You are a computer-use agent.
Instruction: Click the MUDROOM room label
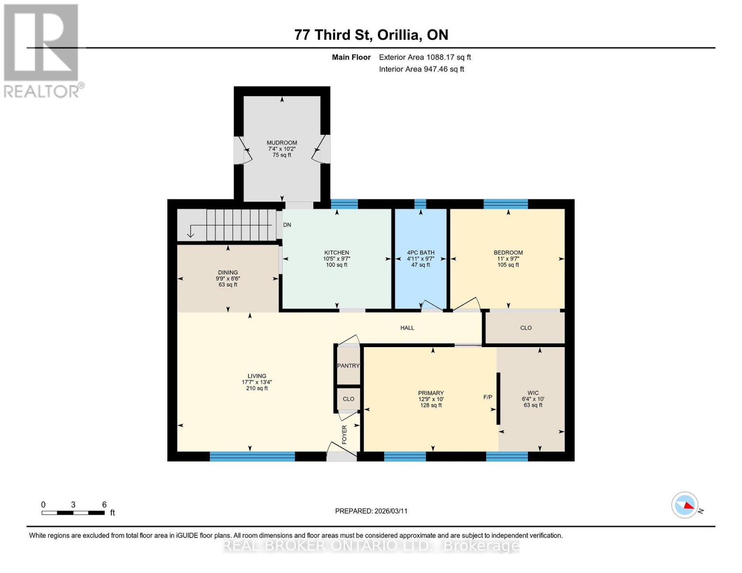[282, 143]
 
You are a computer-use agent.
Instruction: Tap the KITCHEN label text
[337, 253]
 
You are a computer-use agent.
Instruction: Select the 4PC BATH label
[420, 253]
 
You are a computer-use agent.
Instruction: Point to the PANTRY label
[348, 365]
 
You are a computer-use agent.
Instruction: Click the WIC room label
[533, 393]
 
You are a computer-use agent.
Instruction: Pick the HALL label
[408, 328]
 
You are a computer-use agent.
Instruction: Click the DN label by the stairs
[287, 224]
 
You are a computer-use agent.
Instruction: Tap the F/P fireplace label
[488, 397]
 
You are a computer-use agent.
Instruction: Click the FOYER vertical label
[344, 435]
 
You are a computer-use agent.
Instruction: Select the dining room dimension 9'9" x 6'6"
[228, 278]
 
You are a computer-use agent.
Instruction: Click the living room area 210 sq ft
[257, 388]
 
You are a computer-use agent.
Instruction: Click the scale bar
[73, 513]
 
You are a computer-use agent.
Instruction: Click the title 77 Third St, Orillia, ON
[371, 35]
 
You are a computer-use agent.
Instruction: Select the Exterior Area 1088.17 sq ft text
[425, 57]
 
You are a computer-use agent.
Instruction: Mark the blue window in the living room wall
[252, 456]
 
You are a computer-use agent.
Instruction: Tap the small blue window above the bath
[420, 204]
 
